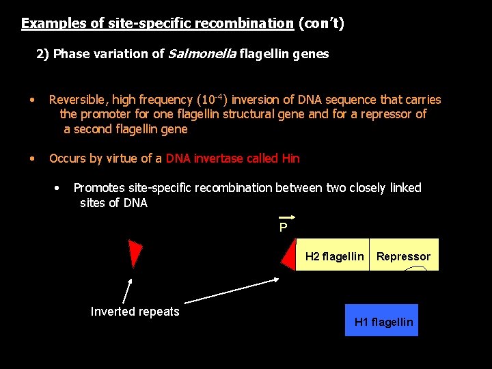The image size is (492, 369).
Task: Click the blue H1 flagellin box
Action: click(x=381, y=320)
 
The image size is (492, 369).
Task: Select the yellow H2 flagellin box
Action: click(x=333, y=256)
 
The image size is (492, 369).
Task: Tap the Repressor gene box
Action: click(x=403, y=256)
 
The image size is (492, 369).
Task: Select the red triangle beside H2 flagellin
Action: click(x=289, y=254)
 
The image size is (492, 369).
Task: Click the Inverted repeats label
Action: click(x=135, y=312)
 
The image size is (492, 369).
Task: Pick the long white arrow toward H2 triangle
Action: click(x=232, y=290)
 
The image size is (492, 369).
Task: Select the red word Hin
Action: click(x=290, y=159)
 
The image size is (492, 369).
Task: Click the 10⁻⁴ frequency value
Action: click(x=217, y=99)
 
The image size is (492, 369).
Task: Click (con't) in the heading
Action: click(x=321, y=23)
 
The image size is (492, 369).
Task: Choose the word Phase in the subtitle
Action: click(x=69, y=54)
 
